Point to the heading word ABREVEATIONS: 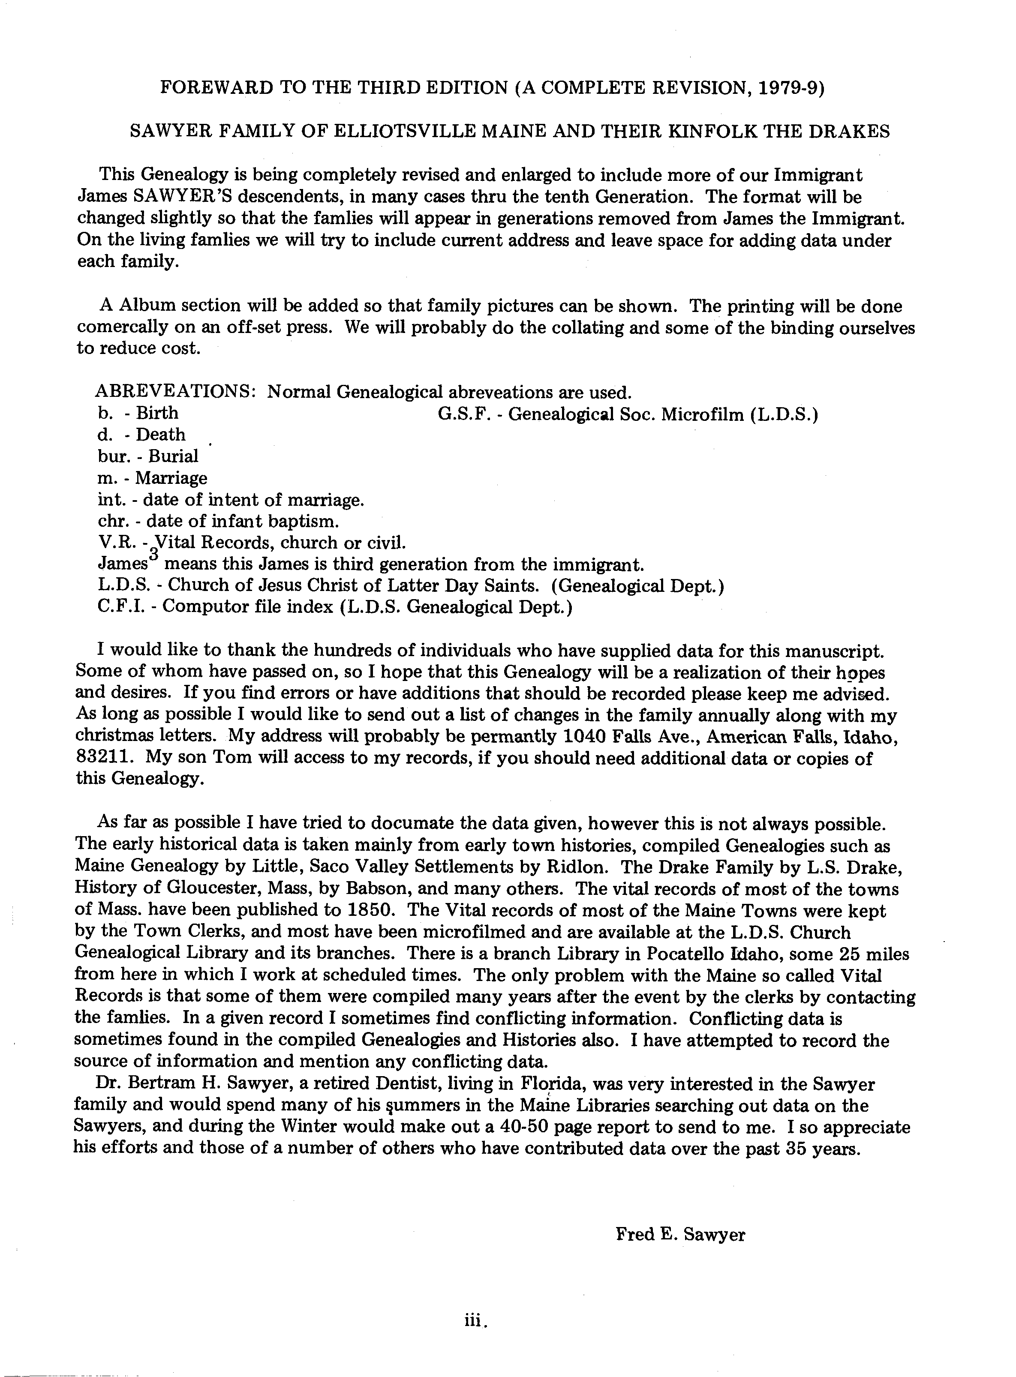176,392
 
